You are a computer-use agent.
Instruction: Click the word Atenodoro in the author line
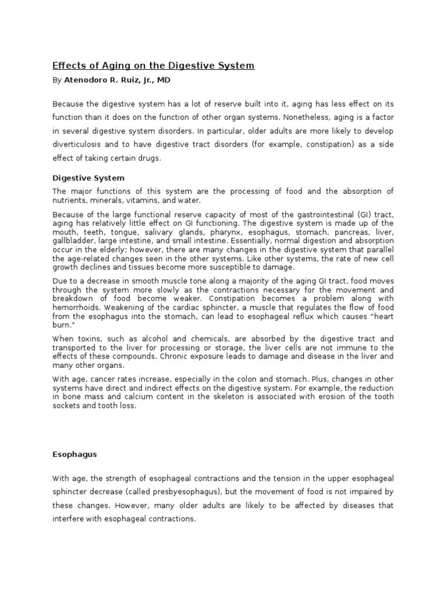pos(83,80)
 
